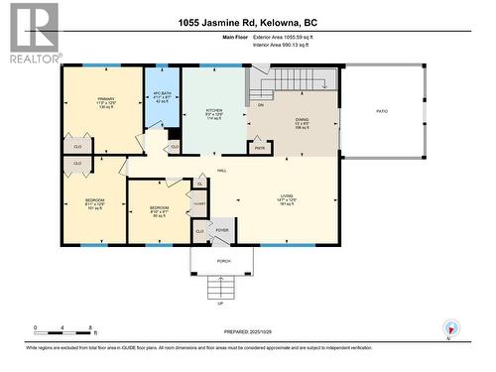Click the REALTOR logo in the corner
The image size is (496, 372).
pos(30,32)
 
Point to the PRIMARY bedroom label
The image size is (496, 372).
pos(105,99)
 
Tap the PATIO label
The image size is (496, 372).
pos(382,111)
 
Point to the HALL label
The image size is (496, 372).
pos(221,171)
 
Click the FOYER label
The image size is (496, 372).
pos(222,230)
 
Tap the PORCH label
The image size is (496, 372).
pos(224,261)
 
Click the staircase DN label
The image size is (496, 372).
pos(261,103)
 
